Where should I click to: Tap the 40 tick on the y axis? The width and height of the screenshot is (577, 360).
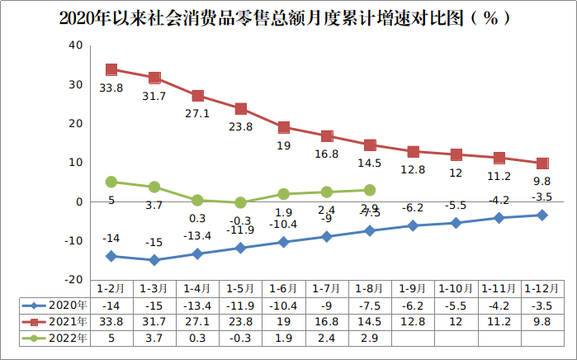(x=75, y=45)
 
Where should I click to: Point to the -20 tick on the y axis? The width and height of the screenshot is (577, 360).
(x=73, y=280)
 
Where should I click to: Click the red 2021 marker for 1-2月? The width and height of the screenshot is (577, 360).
(x=111, y=70)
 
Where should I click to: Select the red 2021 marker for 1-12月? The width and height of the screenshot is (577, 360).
(x=542, y=163)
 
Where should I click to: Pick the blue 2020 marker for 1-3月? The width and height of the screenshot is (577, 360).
(x=154, y=260)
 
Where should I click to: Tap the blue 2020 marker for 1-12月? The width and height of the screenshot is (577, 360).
(x=542, y=215)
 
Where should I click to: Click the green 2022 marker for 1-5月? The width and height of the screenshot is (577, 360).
(x=240, y=202)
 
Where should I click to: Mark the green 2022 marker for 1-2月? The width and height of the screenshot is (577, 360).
(x=111, y=182)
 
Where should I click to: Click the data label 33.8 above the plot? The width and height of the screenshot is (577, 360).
(x=111, y=87)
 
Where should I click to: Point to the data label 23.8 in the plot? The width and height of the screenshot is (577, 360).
(x=240, y=127)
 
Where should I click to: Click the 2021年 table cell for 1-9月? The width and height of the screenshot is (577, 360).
(x=413, y=321)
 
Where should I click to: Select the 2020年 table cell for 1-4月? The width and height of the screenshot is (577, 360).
(x=197, y=305)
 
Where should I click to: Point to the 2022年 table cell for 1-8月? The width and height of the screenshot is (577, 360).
(x=370, y=338)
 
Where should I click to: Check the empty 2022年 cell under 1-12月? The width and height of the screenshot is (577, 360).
(x=542, y=338)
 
